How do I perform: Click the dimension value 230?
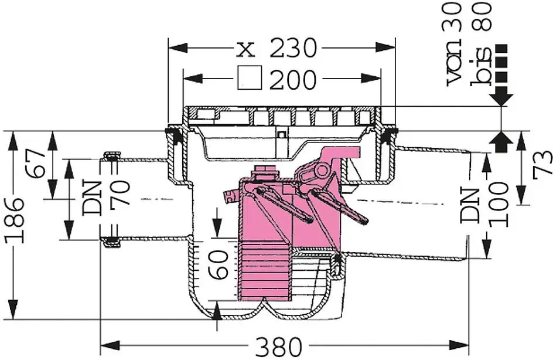293,47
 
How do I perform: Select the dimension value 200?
293,79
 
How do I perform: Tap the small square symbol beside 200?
250,77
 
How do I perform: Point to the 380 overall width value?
279,347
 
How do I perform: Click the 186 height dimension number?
15,221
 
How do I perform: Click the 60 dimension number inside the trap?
218,264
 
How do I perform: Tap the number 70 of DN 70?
120,193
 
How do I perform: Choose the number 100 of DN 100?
499,204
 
